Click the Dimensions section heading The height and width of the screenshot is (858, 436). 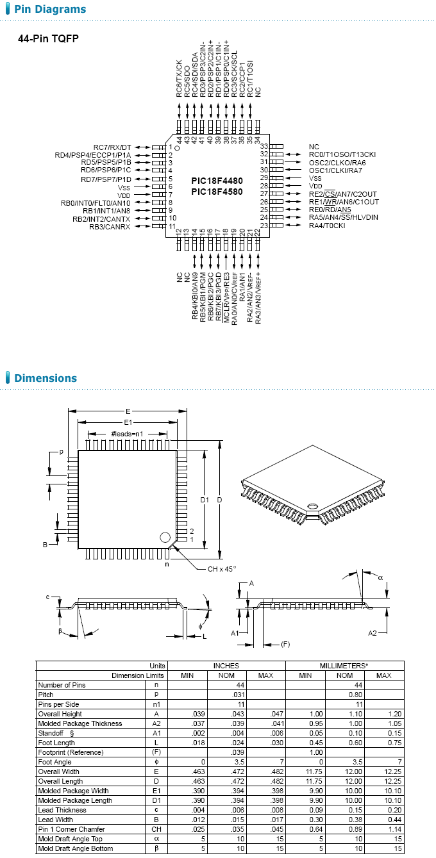click(45, 378)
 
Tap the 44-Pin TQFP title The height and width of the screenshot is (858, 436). click(48, 38)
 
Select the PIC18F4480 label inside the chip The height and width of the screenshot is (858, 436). click(217, 181)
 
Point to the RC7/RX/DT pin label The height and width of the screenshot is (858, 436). click(112, 147)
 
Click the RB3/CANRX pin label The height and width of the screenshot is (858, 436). click(110, 227)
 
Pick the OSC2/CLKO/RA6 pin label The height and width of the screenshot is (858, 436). click(337, 162)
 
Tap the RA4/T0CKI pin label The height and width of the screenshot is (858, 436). click(327, 226)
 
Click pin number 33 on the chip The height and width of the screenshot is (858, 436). click(263, 147)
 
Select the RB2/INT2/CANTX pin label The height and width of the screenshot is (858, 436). click(101, 219)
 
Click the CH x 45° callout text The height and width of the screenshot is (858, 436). click(222, 569)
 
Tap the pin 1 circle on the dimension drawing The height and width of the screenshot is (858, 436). click(165, 537)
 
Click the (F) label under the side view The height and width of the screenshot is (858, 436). click(286, 643)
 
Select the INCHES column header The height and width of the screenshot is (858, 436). click(226, 666)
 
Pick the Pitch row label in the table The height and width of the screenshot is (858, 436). click(46, 695)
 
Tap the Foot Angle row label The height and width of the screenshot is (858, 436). click(54, 762)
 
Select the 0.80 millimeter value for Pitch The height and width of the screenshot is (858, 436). click(345, 695)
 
